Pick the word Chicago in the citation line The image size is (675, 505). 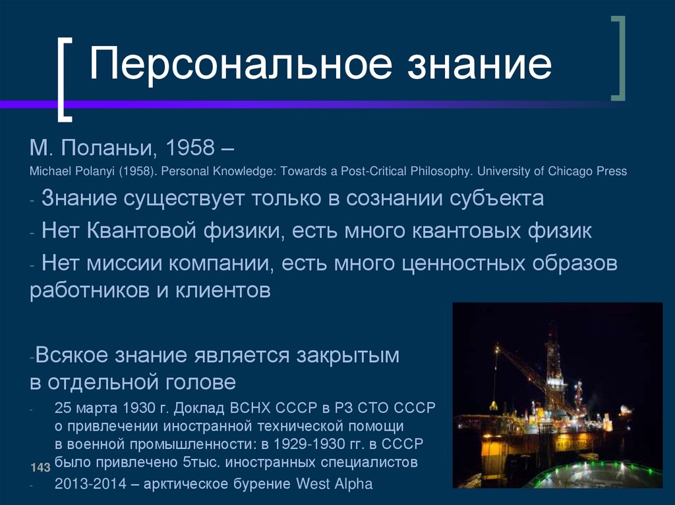[x=565, y=171]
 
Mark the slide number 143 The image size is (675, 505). [x=40, y=467]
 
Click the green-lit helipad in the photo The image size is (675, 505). [x=593, y=475]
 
